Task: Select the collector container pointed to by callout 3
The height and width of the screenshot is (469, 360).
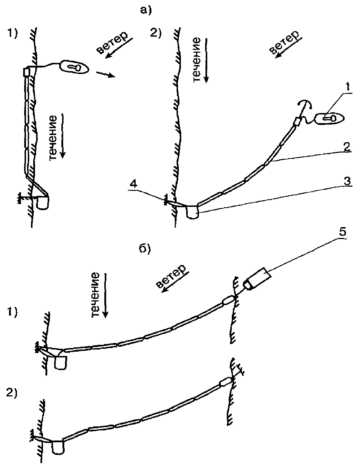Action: click(192, 212)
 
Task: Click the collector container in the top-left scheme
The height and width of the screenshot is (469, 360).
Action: click(43, 203)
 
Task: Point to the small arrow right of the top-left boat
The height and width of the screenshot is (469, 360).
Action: click(105, 75)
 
